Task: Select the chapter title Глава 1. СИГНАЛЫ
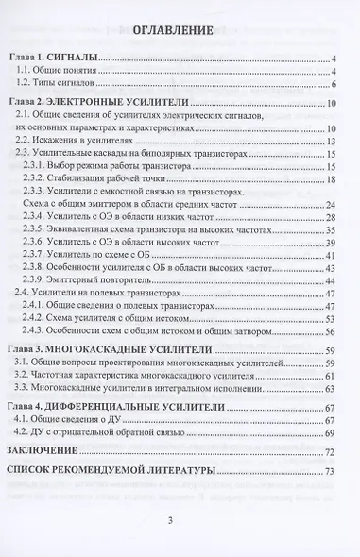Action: pyautogui.click(x=62, y=59)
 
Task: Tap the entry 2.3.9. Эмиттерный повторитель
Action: pyautogui.click(x=106, y=280)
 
